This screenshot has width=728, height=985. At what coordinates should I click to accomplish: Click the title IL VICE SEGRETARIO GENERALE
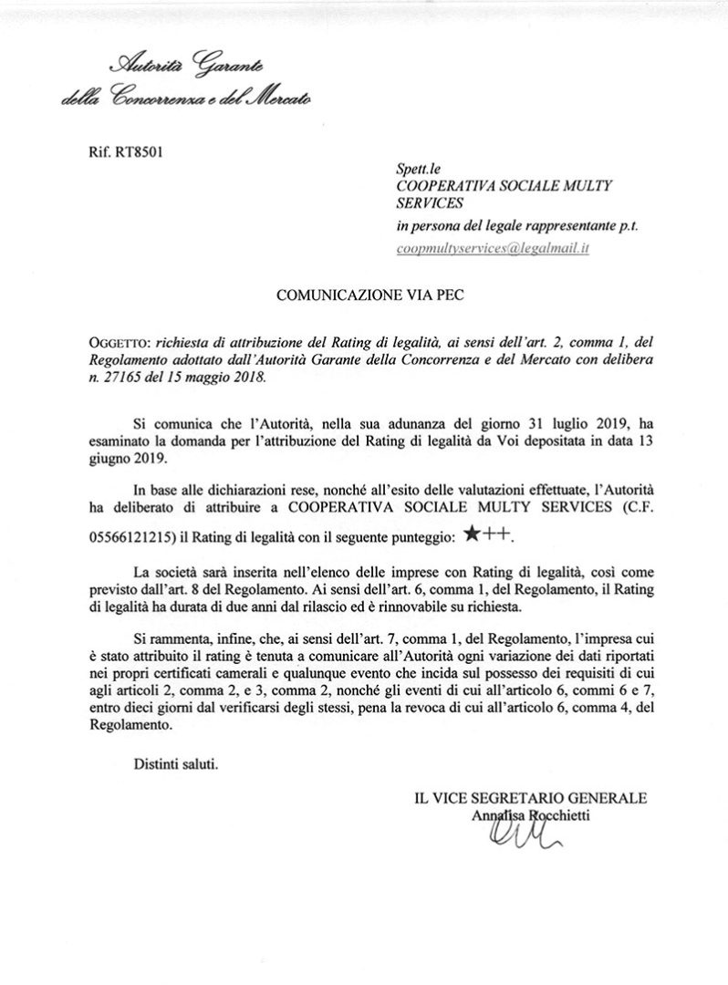(530, 798)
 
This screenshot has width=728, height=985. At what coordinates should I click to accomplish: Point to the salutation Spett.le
(418, 169)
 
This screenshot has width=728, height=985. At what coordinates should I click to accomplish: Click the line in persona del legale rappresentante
(515, 227)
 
